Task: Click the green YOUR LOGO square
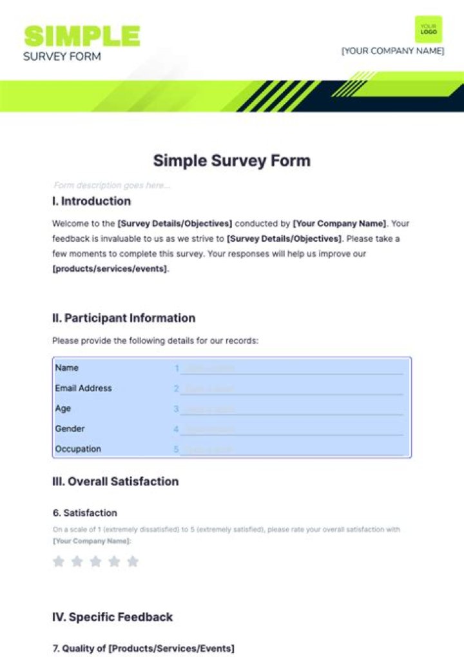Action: [x=429, y=29]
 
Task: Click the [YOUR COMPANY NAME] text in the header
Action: [x=392, y=51]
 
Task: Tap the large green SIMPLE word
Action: [x=82, y=36]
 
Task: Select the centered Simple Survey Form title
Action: [x=231, y=161]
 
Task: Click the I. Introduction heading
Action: [x=92, y=201]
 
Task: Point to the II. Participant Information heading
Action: [x=124, y=318]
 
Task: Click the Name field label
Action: [x=67, y=368]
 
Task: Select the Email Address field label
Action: [x=83, y=388]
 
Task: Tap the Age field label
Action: [x=63, y=409]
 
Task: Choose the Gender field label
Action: [x=70, y=429]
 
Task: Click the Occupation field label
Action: [x=78, y=449]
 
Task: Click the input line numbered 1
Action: [x=291, y=369]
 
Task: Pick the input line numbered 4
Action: [x=291, y=429]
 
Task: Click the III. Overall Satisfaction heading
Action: [x=115, y=482]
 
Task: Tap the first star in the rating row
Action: [x=59, y=562]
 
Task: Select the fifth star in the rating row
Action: [x=133, y=562]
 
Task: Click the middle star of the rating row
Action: [x=95, y=562]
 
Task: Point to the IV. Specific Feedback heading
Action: [x=112, y=617]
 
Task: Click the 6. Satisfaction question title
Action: [x=84, y=513]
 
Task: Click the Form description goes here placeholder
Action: [x=112, y=186]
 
